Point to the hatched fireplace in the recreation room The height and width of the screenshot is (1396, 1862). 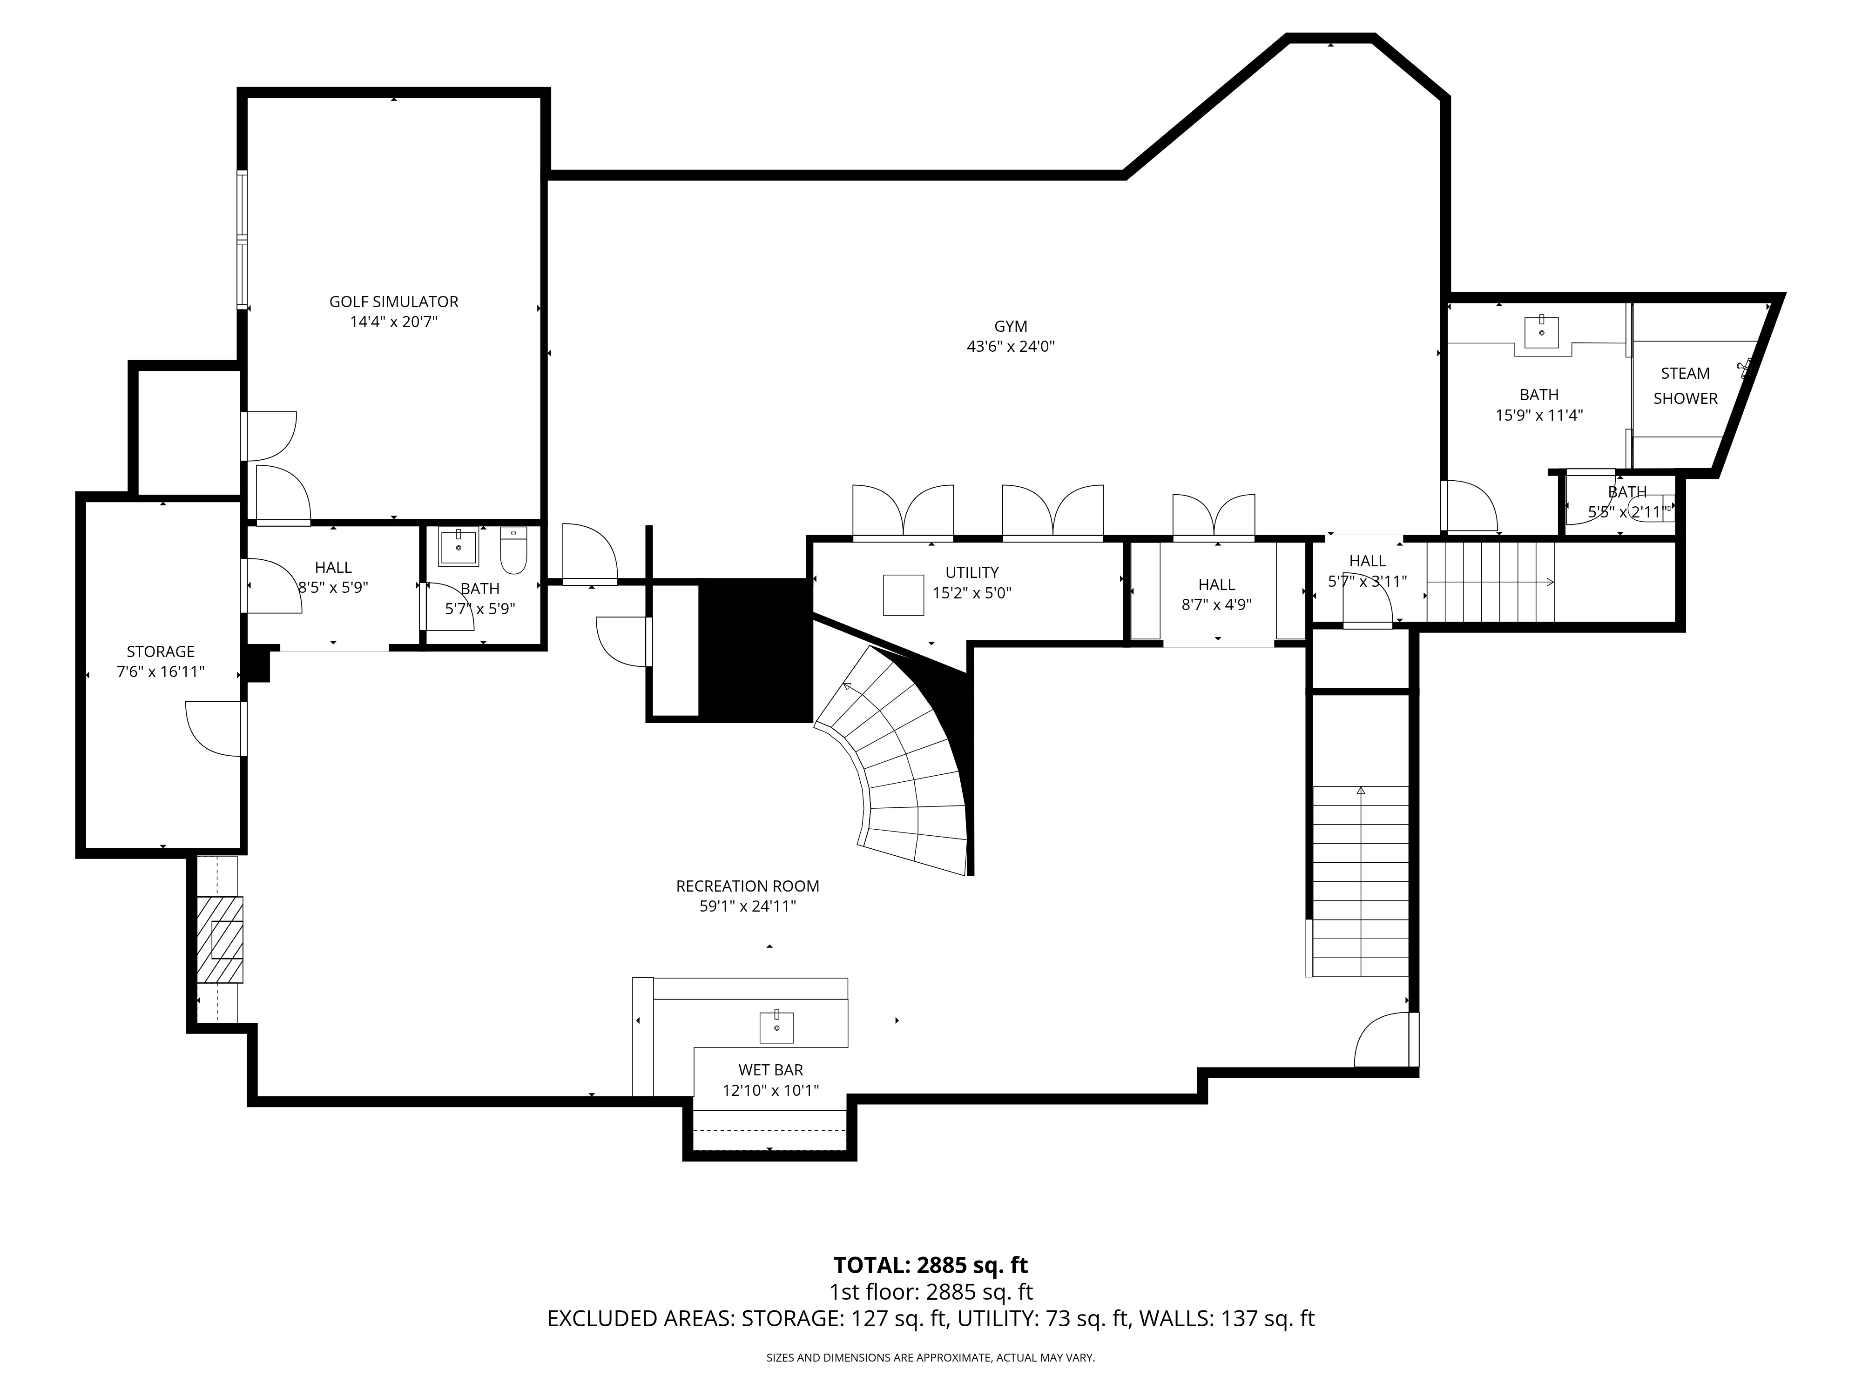(x=220, y=939)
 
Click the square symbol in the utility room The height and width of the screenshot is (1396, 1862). (x=903, y=595)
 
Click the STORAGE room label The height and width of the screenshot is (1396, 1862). (x=160, y=651)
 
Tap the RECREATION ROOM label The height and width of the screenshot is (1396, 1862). (x=748, y=886)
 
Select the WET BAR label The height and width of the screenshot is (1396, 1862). (x=770, y=1069)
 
